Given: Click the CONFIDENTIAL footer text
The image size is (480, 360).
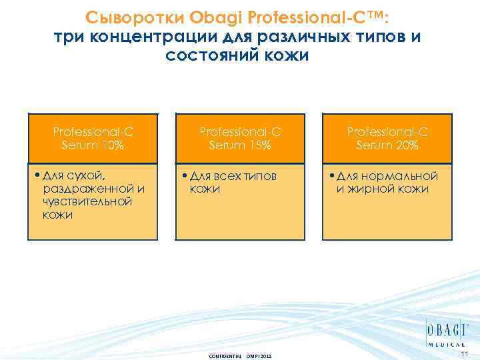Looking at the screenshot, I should [x=225, y=355].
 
